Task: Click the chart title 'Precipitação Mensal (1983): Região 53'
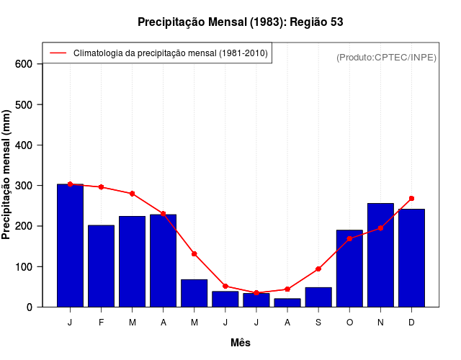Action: tap(241, 22)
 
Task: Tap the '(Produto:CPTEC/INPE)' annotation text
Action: tap(386, 57)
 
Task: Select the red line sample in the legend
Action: tap(58, 53)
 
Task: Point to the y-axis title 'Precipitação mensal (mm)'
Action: tap(7, 174)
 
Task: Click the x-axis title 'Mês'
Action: tap(241, 343)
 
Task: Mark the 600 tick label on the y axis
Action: tap(24, 64)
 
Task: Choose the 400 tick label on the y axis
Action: tap(24, 145)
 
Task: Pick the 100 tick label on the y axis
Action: tap(24, 267)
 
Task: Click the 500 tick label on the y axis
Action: tap(24, 105)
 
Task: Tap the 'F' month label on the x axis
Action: tap(101, 323)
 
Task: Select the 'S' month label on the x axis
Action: tap(318, 323)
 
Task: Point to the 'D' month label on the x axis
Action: tap(411, 323)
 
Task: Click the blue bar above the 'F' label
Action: tap(101, 266)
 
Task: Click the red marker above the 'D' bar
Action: tap(411, 198)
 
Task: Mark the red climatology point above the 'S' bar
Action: tap(318, 269)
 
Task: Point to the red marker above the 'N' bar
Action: tap(380, 228)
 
